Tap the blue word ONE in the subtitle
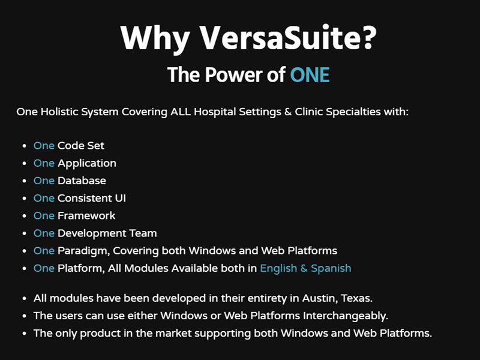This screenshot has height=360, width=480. tap(310, 75)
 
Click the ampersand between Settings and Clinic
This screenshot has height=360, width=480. tap(286, 112)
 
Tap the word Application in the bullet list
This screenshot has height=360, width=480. tap(87, 163)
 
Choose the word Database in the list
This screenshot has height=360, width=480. tap(82, 181)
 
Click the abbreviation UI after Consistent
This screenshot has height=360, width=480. tap(120, 198)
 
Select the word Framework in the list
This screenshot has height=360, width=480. tap(86, 215)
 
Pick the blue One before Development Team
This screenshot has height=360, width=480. tap(44, 233)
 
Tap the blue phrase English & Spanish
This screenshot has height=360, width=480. tap(305, 268)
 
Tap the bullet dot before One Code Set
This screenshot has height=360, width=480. tap(24, 146)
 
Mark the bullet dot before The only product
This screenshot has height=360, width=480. tap(24, 334)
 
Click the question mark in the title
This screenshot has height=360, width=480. tap(368, 38)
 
